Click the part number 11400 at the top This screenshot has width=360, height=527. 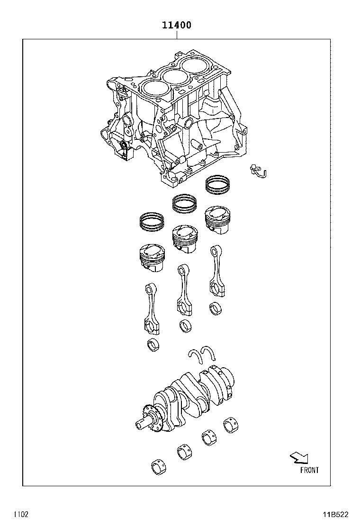coord(177,25)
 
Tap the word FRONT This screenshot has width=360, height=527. coord(309,470)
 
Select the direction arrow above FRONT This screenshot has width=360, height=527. coord(299,457)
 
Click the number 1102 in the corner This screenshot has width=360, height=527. coord(21,514)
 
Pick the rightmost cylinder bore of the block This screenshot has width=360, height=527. coord(195,64)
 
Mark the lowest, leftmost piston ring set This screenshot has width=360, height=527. coord(152,222)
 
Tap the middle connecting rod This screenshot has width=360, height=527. coord(183,289)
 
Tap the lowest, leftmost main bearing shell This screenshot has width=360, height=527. coord(158,467)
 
